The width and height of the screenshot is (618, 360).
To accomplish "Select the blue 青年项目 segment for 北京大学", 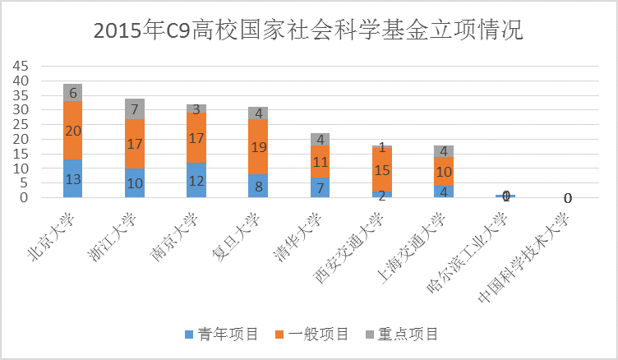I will click(72, 178).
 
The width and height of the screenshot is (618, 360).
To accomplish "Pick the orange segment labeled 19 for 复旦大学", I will click(258, 147).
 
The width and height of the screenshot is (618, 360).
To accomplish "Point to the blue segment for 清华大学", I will click(321, 187).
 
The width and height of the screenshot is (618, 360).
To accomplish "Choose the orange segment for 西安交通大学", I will click(382, 169).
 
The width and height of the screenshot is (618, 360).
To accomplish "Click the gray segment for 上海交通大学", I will click(445, 151).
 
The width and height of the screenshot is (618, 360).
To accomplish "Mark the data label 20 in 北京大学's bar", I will click(72, 131).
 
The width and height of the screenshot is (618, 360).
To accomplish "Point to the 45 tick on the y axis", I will click(19, 66).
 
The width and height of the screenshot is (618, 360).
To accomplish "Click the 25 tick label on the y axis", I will click(19, 125).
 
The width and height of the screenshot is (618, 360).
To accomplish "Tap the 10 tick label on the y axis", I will click(19, 168).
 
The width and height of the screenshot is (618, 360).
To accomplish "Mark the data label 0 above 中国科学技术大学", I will click(568, 197).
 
